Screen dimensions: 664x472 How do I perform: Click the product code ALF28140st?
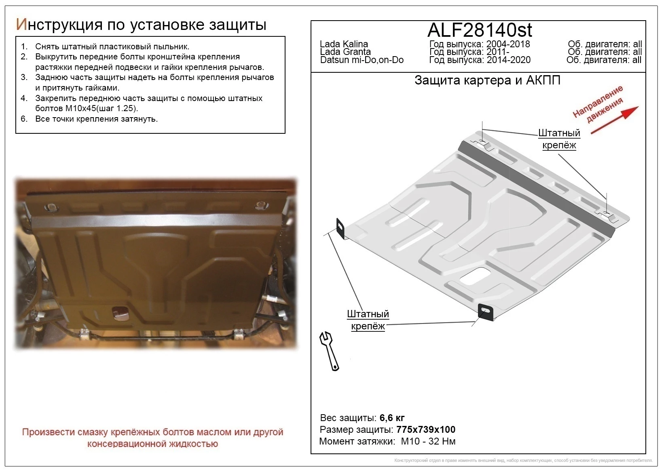point(480,30)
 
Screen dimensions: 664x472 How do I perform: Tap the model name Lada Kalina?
point(344,44)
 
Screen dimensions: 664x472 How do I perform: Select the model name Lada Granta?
point(345,52)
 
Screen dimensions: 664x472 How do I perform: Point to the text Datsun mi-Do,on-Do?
point(362,60)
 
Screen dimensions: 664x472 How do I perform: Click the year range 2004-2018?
point(508,44)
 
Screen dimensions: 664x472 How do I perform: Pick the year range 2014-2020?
point(509,60)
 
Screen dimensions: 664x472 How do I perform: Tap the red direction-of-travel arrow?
point(614,120)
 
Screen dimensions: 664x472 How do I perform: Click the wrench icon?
point(329,351)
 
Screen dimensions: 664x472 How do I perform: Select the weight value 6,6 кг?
point(392,418)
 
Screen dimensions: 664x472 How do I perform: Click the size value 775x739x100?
point(426,429)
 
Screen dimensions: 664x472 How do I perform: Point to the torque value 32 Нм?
point(442,441)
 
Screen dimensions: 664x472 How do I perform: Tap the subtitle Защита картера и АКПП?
point(487,80)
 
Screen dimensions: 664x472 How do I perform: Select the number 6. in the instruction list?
point(24,119)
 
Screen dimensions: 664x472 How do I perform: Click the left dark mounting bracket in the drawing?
point(340,228)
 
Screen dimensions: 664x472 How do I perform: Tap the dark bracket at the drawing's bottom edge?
point(486,312)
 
